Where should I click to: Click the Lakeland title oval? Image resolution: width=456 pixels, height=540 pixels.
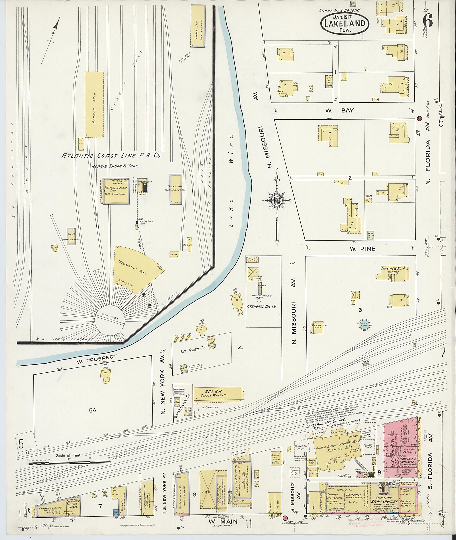[x=345, y=24]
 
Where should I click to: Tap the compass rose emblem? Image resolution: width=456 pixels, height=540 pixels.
[x=276, y=200]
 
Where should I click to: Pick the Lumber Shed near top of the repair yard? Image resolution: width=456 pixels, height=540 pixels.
[x=198, y=26]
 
